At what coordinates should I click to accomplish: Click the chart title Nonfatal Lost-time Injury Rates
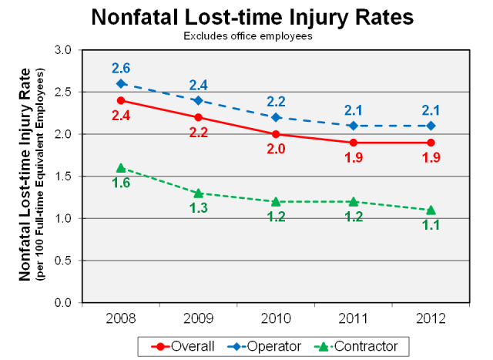(x=252, y=17)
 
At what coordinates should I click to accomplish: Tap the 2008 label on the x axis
(x=121, y=319)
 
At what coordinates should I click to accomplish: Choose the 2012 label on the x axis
(x=431, y=319)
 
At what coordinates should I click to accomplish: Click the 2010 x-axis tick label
(x=276, y=319)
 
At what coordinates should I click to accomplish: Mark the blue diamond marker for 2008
(x=121, y=83)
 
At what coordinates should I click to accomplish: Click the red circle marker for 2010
(x=276, y=134)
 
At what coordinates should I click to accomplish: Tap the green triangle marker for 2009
(x=198, y=193)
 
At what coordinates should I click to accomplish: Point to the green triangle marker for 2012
(x=431, y=210)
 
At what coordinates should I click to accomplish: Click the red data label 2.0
(x=276, y=150)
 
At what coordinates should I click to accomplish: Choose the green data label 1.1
(x=431, y=226)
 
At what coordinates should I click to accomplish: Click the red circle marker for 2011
(x=354, y=143)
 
